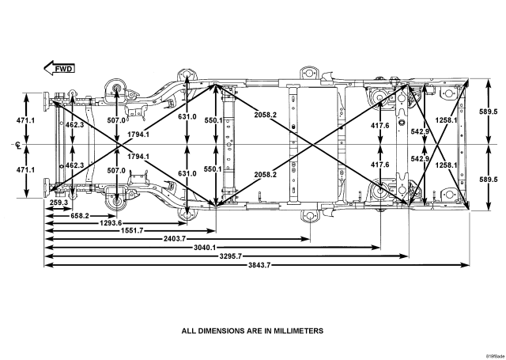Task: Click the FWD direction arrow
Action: [x=60, y=69]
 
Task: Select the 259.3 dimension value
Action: [x=58, y=203]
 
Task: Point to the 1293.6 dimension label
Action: [x=110, y=223]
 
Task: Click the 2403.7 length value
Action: [x=175, y=238]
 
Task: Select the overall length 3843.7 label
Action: [x=255, y=264]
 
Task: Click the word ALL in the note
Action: [x=190, y=331]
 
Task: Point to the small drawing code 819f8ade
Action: [x=495, y=355]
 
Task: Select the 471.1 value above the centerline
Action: [x=28, y=120]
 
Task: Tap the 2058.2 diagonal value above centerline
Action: [x=266, y=116]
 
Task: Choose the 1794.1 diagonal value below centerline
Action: [x=138, y=157]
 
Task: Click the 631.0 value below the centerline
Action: [x=187, y=173]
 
